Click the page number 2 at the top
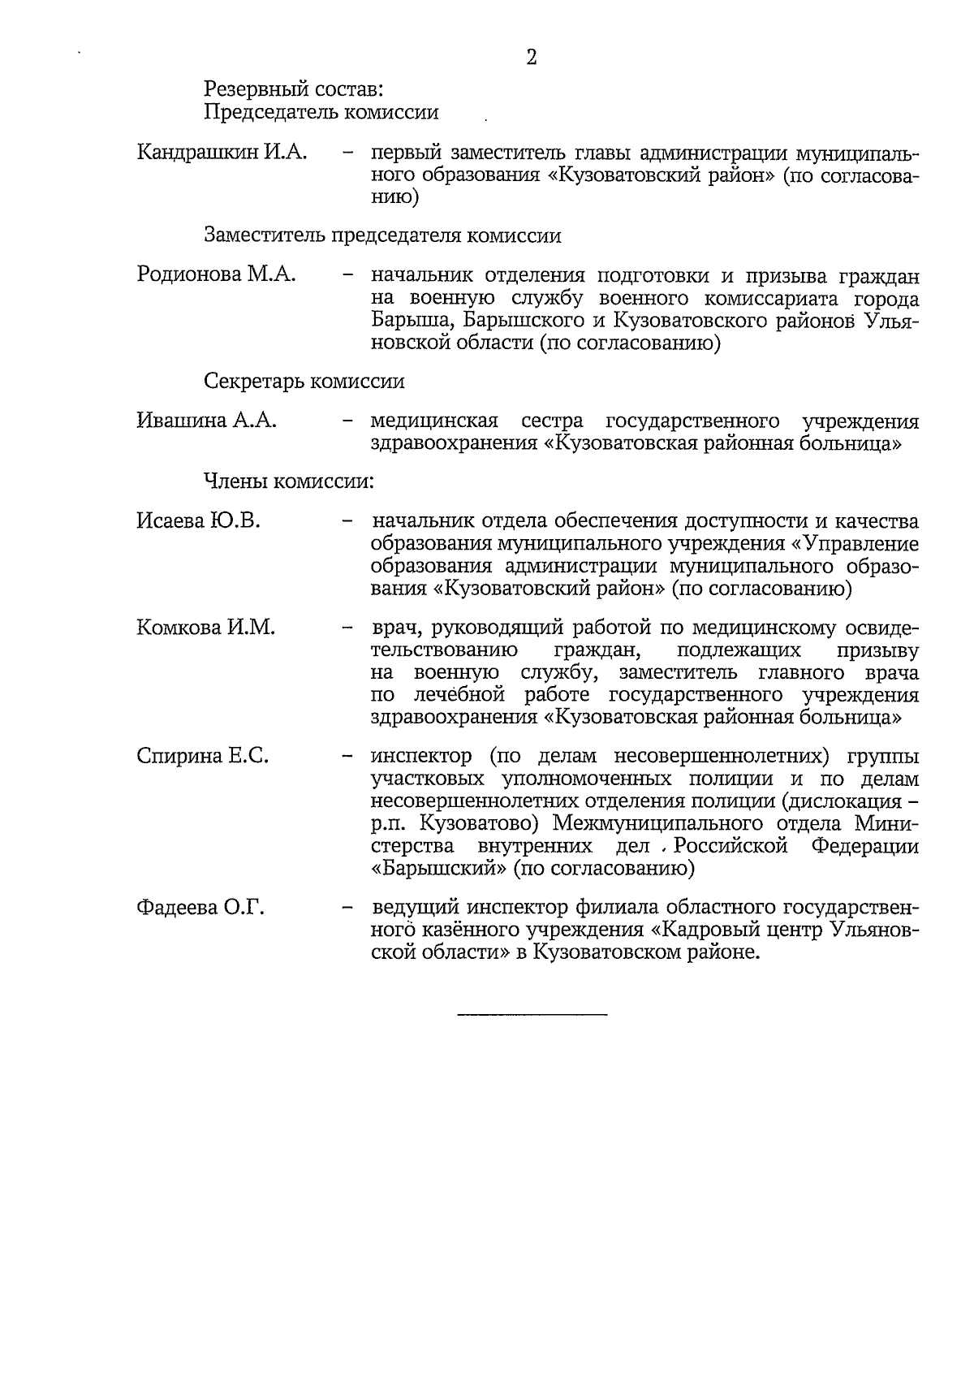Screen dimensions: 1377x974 (x=532, y=58)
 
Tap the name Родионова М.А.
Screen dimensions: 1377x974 (x=216, y=274)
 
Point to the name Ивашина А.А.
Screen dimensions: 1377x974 (x=207, y=421)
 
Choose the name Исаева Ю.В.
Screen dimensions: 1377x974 (x=198, y=520)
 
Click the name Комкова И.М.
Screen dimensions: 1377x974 (x=206, y=628)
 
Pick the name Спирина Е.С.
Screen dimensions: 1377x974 (x=202, y=756)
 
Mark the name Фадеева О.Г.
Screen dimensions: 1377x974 (x=200, y=907)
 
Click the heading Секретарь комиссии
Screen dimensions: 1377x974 (x=304, y=381)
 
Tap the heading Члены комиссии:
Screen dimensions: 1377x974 (x=288, y=481)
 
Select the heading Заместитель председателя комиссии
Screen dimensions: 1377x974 (x=382, y=235)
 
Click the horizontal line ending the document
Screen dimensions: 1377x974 (x=532, y=1015)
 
